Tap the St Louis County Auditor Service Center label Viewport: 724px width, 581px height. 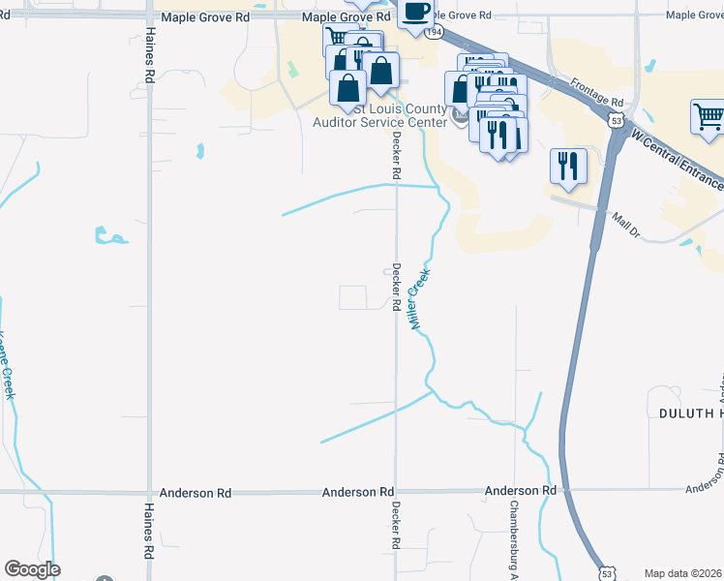pyautogui.click(x=379, y=115)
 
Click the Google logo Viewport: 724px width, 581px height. pyautogui.click(x=32, y=569)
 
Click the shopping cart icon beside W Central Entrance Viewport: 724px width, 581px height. pyautogui.click(x=708, y=119)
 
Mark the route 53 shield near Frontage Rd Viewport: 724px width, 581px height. pyautogui.click(x=616, y=119)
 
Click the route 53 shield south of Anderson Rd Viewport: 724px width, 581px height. pyautogui.click(x=605, y=573)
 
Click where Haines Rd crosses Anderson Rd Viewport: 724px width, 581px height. pyautogui.click(x=149, y=492)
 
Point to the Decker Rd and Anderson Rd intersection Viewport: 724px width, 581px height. pyautogui.click(x=395, y=492)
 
